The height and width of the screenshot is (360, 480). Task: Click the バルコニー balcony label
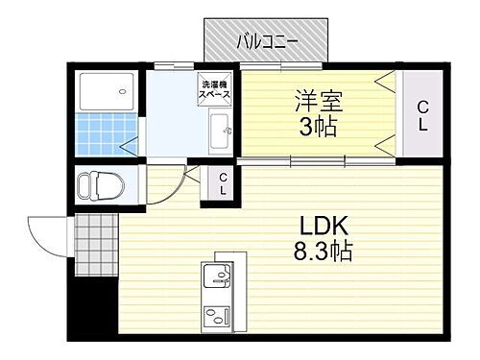[268, 41]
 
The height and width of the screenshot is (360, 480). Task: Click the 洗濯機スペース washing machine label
[213, 90]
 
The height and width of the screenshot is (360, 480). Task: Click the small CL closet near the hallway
[222, 183]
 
